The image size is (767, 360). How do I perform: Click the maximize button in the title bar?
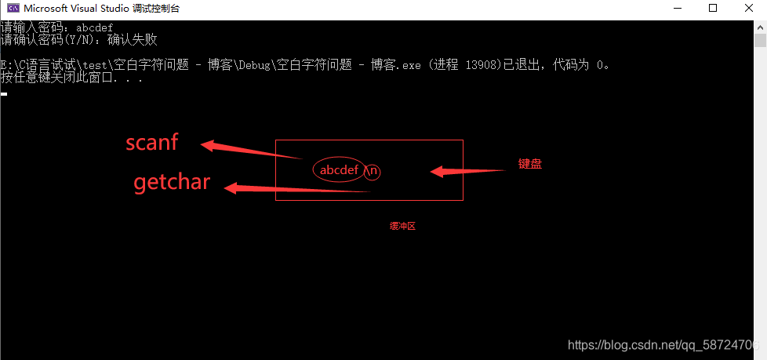713,9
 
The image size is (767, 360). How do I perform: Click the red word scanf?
152,143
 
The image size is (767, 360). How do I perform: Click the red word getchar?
172,183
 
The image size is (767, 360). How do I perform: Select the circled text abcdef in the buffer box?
339,170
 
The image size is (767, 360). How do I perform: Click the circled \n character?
373,170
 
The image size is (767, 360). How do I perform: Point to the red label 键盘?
530,164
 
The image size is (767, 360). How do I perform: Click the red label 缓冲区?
402,226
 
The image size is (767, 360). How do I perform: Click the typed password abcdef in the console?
94,27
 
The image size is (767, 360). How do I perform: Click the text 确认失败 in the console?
133,39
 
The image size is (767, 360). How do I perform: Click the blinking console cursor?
4,94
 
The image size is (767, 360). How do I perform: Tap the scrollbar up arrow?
760,27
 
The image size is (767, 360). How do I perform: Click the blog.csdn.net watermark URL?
663,345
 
